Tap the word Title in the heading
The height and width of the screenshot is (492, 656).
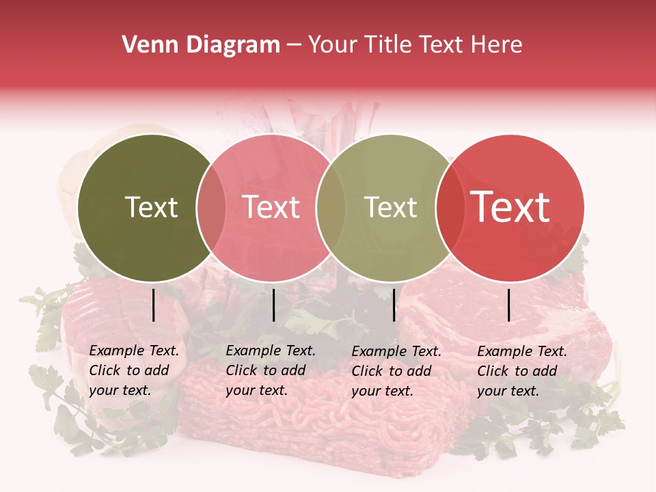pyautogui.click(x=387, y=45)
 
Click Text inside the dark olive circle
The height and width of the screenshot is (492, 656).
pyautogui.click(x=151, y=208)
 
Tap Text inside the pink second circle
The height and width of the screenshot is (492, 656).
pyautogui.click(x=271, y=208)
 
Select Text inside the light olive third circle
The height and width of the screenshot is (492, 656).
pyautogui.click(x=390, y=208)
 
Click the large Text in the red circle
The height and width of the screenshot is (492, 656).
pyautogui.click(x=510, y=207)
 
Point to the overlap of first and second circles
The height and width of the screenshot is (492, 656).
pyautogui.click(x=211, y=208)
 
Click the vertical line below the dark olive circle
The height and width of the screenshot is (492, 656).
pyautogui.click(x=154, y=305)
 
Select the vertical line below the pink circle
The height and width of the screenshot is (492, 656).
pyautogui.click(x=273, y=305)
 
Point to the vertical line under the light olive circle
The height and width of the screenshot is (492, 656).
pyautogui.click(x=394, y=305)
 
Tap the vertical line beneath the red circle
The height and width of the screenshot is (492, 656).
pyautogui.click(x=509, y=305)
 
